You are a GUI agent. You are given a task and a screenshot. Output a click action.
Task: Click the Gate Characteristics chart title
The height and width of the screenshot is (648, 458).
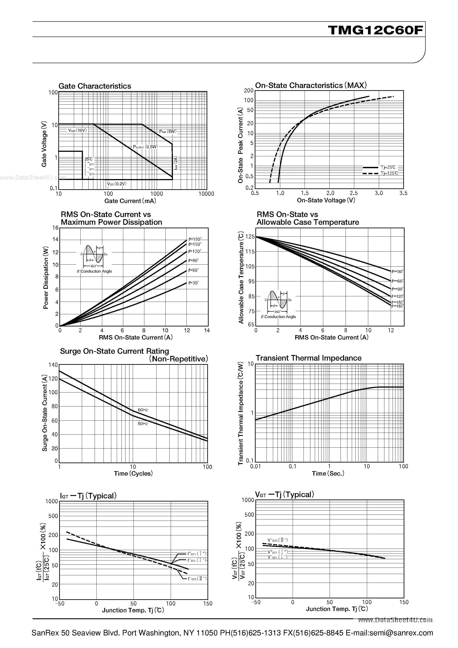click(x=95, y=86)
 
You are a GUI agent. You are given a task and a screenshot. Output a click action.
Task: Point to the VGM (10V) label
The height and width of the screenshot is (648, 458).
click(x=77, y=130)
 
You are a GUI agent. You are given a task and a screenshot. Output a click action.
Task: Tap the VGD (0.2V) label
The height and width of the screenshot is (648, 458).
click(x=117, y=184)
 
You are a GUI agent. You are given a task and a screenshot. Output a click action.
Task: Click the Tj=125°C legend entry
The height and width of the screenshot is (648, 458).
click(x=389, y=173)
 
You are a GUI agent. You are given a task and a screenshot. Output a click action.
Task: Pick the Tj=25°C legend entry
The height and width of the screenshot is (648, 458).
click(x=388, y=167)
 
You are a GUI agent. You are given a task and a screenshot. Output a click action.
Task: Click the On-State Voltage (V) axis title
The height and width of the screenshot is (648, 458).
click(x=326, y=200)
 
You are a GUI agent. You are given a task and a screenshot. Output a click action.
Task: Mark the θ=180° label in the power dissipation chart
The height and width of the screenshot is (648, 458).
click(x=195, y=239)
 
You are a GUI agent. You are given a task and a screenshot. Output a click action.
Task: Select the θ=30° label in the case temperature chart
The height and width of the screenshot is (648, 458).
click(x=397, y=271)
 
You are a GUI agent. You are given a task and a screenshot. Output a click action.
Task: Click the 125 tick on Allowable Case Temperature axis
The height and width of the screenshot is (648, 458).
click(x=250, y=236)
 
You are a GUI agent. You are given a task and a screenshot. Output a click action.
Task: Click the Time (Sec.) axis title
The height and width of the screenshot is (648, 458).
click(x=328, y=474)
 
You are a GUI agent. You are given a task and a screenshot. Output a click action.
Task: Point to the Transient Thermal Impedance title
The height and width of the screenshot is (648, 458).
click(x=308, y=358)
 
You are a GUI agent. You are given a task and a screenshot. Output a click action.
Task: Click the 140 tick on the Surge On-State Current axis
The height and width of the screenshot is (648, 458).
click(x=53, y=365)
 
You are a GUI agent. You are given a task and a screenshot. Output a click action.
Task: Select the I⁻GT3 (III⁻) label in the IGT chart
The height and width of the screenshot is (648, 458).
click(x=197, y=579)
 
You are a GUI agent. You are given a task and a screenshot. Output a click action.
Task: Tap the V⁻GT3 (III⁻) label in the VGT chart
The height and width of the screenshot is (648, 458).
click(x=278, y=540)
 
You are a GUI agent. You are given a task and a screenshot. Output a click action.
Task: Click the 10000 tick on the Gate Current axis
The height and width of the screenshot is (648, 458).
click(x=206, y=194)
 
